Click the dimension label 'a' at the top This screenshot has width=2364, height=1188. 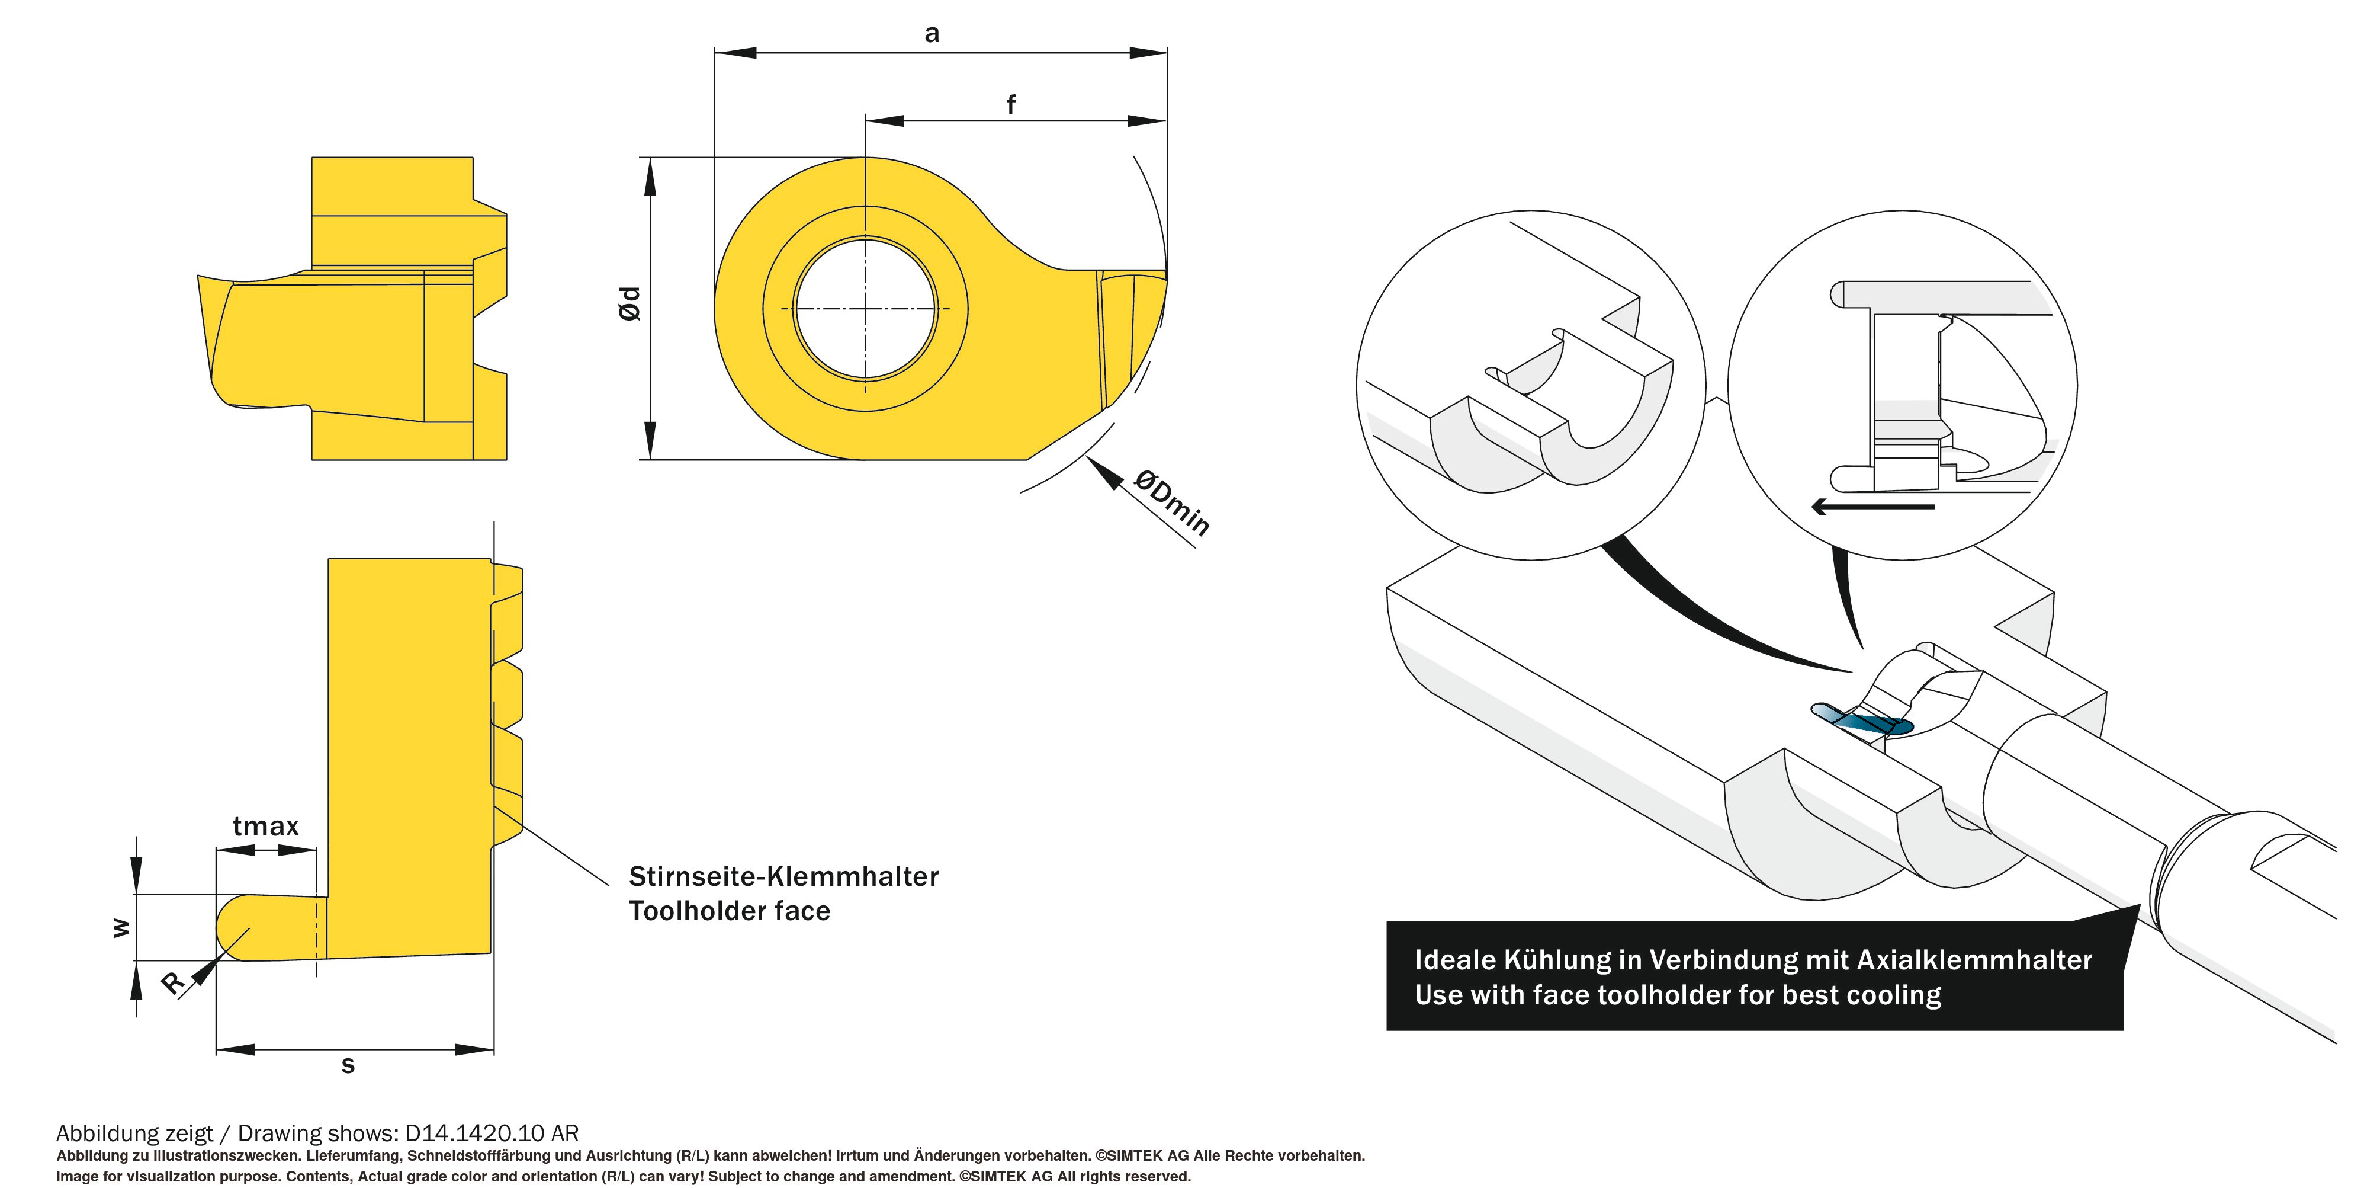[932, 34]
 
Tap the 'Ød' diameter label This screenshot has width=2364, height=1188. [629, 303]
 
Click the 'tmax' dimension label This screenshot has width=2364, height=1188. [265, 827]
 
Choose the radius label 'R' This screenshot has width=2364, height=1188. [172, 982]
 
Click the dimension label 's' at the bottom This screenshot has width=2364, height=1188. [348, 1065]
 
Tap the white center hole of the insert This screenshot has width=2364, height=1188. [865, 309]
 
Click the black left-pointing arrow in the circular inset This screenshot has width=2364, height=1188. [1872, 506]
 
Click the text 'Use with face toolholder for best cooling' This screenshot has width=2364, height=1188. [1678, 995]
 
